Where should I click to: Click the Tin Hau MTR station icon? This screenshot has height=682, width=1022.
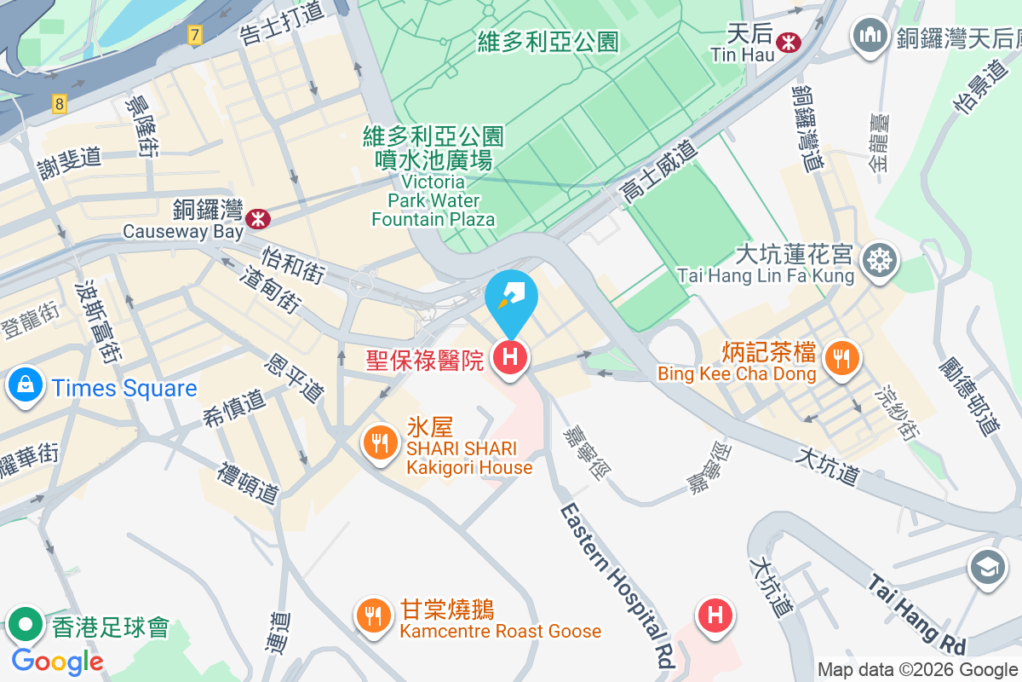click(789, 41)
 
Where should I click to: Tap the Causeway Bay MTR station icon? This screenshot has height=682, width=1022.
click(257, 219)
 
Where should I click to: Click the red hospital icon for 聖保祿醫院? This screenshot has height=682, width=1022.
click(509, 357)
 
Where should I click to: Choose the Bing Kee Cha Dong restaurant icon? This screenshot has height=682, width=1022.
click(842, 357)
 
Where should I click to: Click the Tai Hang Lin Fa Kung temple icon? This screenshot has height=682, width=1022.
click(878, 259)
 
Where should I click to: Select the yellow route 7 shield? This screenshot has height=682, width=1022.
click(195, 36)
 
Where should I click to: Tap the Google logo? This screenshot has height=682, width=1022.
click(57, 661)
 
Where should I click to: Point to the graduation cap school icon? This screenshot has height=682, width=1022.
click(987, 567)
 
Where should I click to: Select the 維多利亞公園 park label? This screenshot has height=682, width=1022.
click(548, 41)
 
